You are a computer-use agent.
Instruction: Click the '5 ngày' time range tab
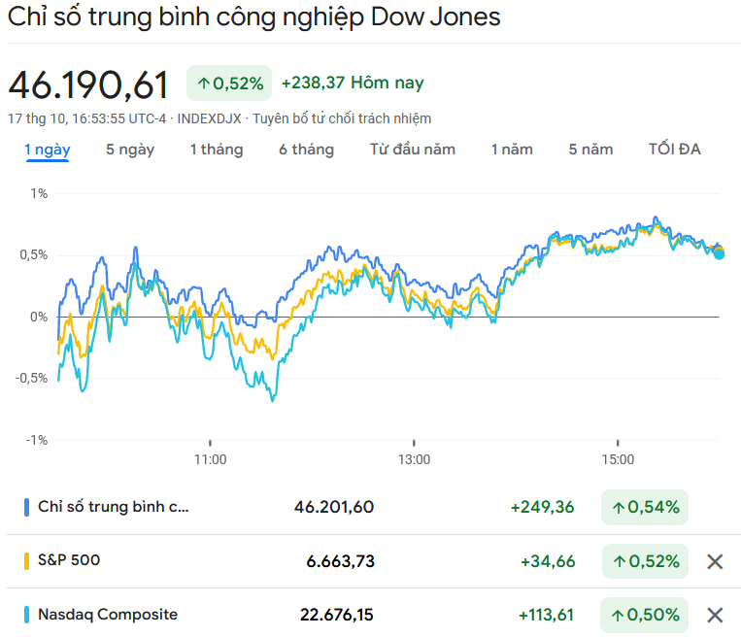point(129,150)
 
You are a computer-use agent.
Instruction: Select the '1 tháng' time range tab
point(216,150)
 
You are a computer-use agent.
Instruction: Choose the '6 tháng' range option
point(306,150)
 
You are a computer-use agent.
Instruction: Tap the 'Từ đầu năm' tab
point(412,150)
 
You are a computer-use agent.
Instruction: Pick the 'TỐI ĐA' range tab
point(674,150)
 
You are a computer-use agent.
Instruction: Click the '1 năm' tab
point(512,150)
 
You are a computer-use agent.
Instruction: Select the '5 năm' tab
point(590,150)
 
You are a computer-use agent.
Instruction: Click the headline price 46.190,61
point(89,85)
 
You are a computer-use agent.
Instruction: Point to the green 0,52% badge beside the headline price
point(229,84)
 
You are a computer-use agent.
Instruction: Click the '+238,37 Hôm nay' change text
point(352,84)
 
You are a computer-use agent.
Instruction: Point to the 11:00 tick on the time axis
point(210,459)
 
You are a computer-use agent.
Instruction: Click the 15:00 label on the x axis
point(618,459)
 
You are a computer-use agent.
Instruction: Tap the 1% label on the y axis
point(39,194)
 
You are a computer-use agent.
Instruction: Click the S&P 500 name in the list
point(68,560)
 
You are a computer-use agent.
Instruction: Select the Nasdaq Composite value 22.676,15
point(336,615)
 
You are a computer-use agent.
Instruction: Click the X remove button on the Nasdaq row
point(715,615)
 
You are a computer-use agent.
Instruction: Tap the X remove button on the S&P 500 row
point(715,561)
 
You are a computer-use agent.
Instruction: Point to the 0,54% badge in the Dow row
point(645,507)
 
